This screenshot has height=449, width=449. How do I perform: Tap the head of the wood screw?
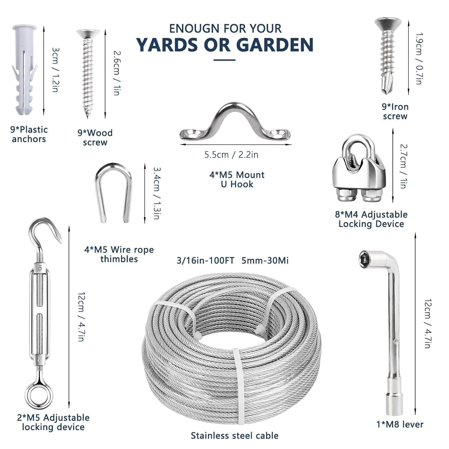(88, 34)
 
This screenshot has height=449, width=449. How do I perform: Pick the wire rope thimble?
(113, 193)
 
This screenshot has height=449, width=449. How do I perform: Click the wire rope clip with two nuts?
(360, 169)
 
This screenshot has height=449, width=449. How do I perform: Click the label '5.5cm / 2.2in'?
(231, 155)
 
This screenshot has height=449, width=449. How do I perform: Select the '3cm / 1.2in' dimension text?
(55, 70)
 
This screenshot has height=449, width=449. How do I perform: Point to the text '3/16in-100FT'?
(205, 260)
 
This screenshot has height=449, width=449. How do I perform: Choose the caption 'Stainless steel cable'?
(235, 436)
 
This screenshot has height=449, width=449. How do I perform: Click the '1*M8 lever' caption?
(400, 424)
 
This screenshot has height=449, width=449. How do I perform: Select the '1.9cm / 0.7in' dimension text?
(419, 58)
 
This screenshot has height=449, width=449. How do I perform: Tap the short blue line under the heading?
(224, 60)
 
